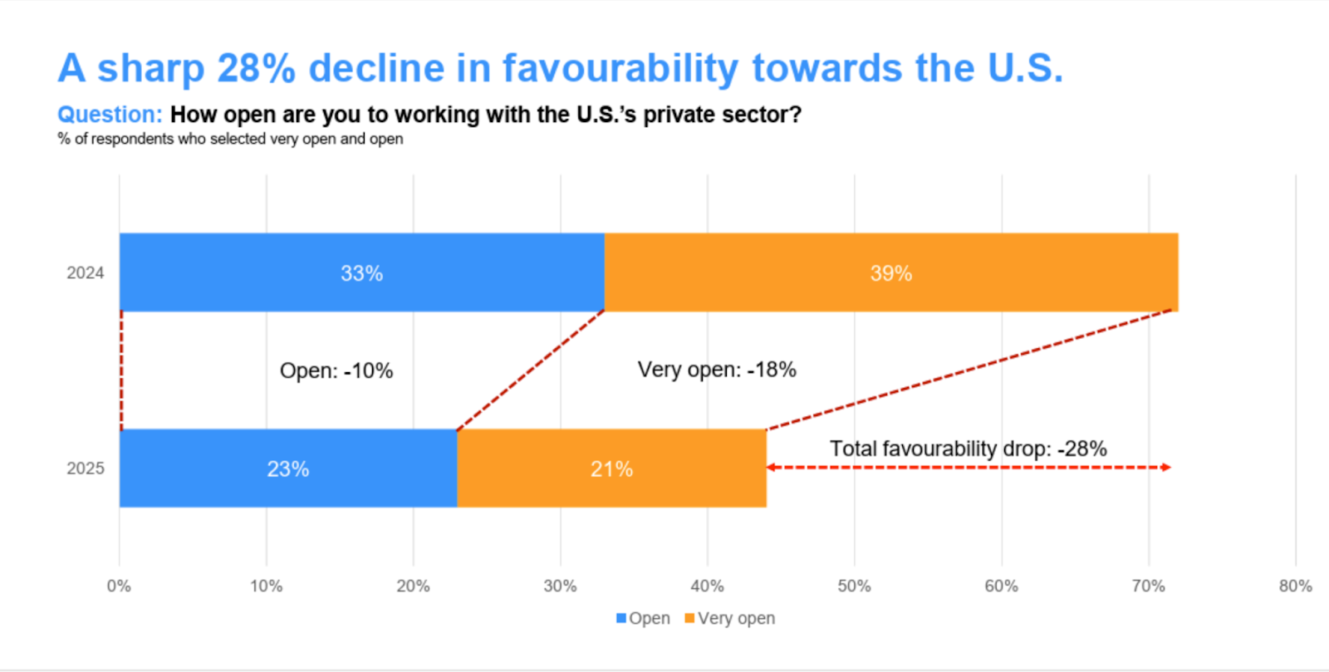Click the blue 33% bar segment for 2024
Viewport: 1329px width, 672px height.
pyautogui.click(x=361, y=272)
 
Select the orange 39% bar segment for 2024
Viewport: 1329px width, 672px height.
pyautogui.click(x=890, y=272)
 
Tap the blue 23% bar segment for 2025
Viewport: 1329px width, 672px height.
pyautogui.click(x=287, y=468)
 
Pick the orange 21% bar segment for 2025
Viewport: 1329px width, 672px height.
pyautogui.click(x=611, y=468)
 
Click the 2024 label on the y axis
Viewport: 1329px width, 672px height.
pyautogui.click(x=85, y=273)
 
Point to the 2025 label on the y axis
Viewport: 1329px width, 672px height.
pyautogui.click(x=85, y=468)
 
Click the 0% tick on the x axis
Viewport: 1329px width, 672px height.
pyautogui.click(x=119, y=586)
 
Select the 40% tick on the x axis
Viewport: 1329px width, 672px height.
pyautogui.click(x=707, y=586)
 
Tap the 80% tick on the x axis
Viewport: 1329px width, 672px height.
pyautogui.click(x=1295, y=586)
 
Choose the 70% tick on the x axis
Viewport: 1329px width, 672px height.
pyautogui.click(x=1148, y=586)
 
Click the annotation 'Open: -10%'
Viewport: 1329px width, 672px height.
pyautogui.click(x=336, y=370)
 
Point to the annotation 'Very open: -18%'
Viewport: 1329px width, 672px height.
pyautogui.click(x=716, y=370)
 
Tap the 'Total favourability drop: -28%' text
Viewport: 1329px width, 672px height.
pyautogui.click(x=968, y=449)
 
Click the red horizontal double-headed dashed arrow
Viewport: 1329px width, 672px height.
pyautogui.click(x=968, y=468)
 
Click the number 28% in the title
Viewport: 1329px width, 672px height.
pyautogui.click(x=256, y=68)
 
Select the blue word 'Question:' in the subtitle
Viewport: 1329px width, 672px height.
pyautogui.click(x=110, y=115)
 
